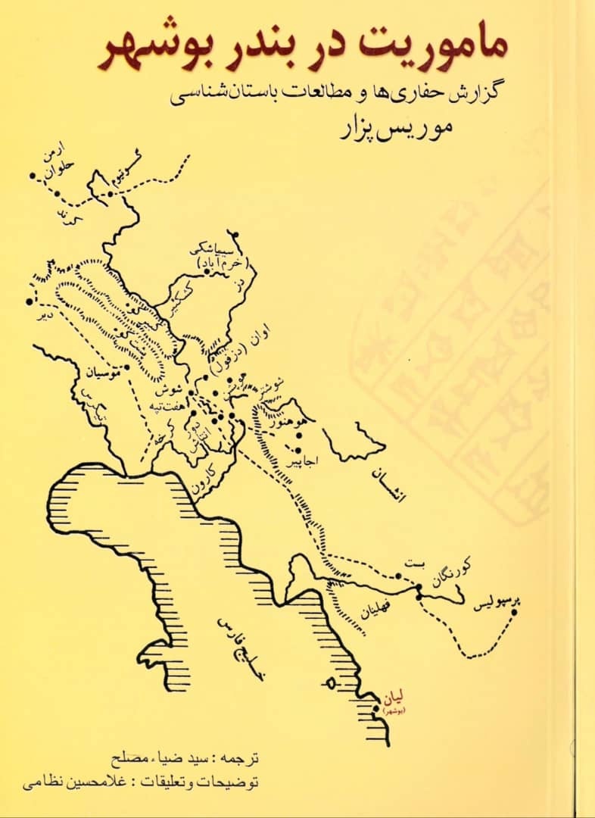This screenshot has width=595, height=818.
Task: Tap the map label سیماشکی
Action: (x=220, y=251)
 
